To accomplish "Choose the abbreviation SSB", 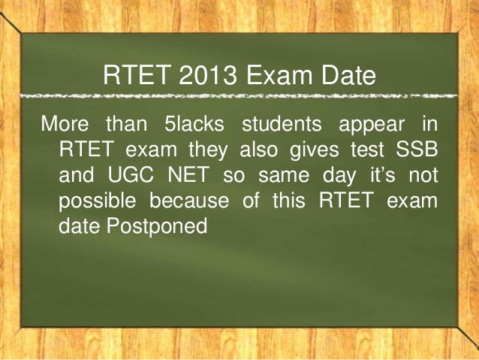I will click(x=414, y=148).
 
